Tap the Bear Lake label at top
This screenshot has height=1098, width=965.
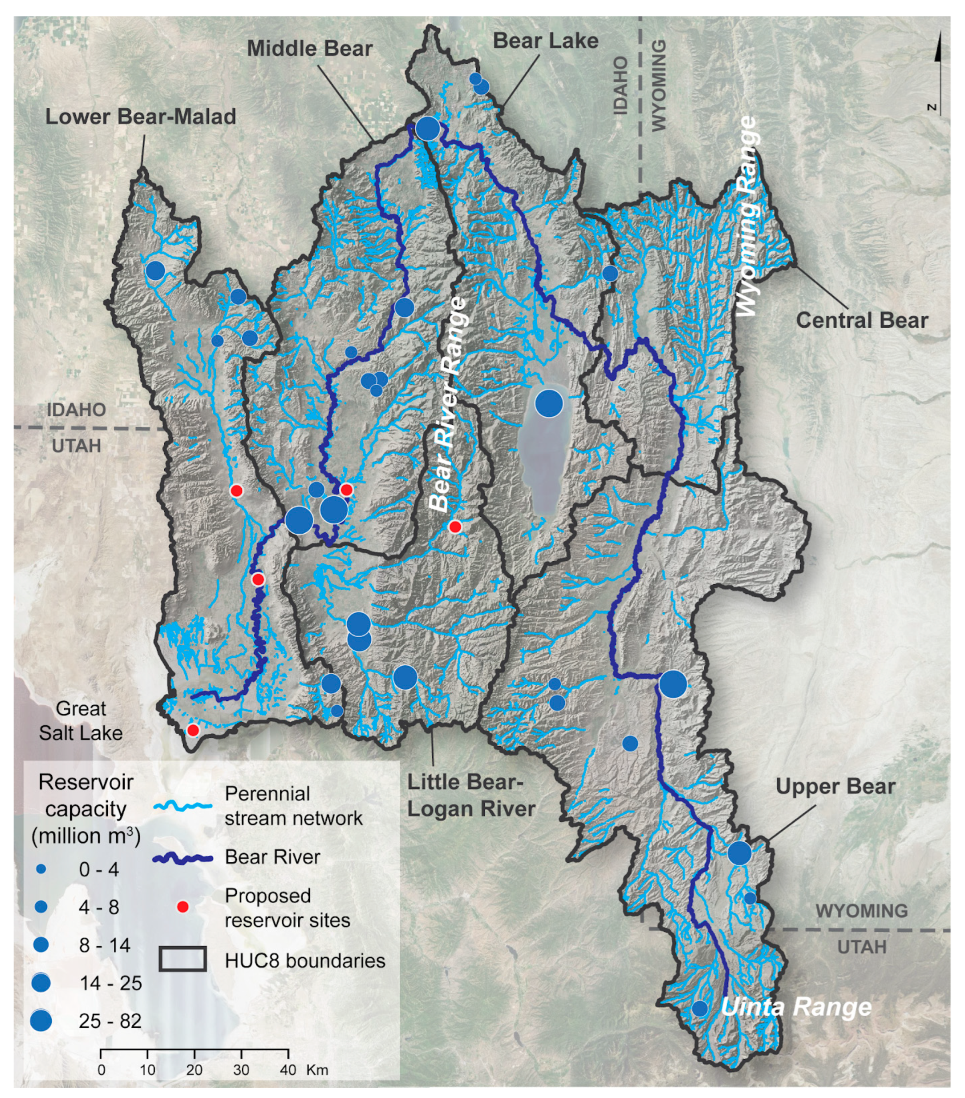pyautogui.click(x=545, y=41)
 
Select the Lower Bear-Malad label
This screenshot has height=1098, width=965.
pyautogui.click(x=140, y=117)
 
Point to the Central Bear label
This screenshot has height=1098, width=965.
pyautogui.click(x=861, y=320)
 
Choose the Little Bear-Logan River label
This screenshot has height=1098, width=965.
pyautogui.click(x=471, y=796)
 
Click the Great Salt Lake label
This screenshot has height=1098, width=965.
pyautogui.click(x=81, y=721)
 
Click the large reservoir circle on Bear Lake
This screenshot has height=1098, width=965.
pyautogui.click(x=548, y=403)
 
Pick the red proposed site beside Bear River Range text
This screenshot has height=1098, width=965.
pyautogui.click(x=455, y=527)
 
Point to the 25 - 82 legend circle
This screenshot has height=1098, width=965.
pyautogui.click(x=41, y=1020)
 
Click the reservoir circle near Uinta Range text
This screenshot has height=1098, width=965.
pyautogui.click(x=699, y=1008)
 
